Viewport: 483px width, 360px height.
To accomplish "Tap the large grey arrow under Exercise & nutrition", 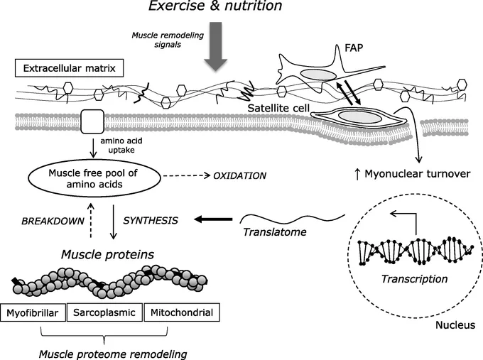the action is [216, 46].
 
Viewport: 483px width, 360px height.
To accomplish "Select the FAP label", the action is [354, 48].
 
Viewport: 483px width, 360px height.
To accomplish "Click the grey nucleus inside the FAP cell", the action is [318, 75].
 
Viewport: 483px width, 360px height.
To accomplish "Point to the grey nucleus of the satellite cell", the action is [359, 116].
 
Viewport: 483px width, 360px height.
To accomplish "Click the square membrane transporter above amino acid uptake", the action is [92, 121].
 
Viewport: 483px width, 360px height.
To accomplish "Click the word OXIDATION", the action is [239, 176].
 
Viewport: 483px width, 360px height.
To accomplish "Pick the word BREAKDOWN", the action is [53, 221].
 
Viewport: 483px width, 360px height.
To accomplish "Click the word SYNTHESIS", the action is [151, 221].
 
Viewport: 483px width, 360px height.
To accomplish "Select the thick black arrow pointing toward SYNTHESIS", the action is [213, 219].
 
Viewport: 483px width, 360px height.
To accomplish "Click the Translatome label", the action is [275, 232].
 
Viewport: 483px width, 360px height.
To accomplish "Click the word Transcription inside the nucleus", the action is [414, 279].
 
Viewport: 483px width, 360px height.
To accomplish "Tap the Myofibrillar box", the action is [33, 312].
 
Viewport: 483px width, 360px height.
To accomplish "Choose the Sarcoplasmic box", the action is [104, 312].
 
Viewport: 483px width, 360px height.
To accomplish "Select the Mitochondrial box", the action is [182, 312].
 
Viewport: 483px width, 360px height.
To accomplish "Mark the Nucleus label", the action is [455, 325].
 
